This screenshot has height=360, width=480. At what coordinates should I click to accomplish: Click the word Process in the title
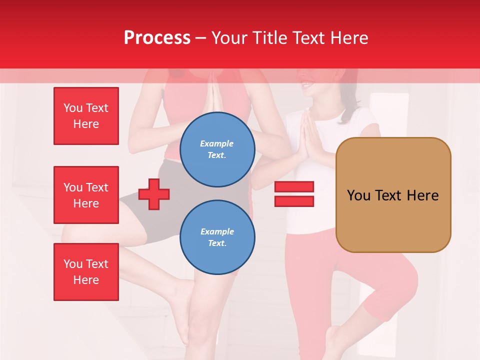[x=157, y=38]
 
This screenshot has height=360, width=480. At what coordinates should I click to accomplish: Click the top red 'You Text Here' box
[x=86, y=116]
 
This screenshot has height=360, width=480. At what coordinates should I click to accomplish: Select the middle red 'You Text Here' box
[x=86, y=195]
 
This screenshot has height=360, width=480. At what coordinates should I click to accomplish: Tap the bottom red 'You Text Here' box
[x=86, y=272]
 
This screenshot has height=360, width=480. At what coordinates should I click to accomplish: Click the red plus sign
[x=154, y=194]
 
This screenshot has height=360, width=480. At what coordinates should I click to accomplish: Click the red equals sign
[x=294, y=194]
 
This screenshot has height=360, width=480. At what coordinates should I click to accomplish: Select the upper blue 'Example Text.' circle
[x=217, y=149]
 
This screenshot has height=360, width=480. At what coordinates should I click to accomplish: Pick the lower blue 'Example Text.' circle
[x=217, y=237]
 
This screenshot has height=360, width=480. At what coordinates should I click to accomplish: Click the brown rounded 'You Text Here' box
[x=393, y=195]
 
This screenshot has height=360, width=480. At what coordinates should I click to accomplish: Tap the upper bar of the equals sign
[x=294, y=187]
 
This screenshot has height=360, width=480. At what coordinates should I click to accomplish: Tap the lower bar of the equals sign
[x=294, y=201]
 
